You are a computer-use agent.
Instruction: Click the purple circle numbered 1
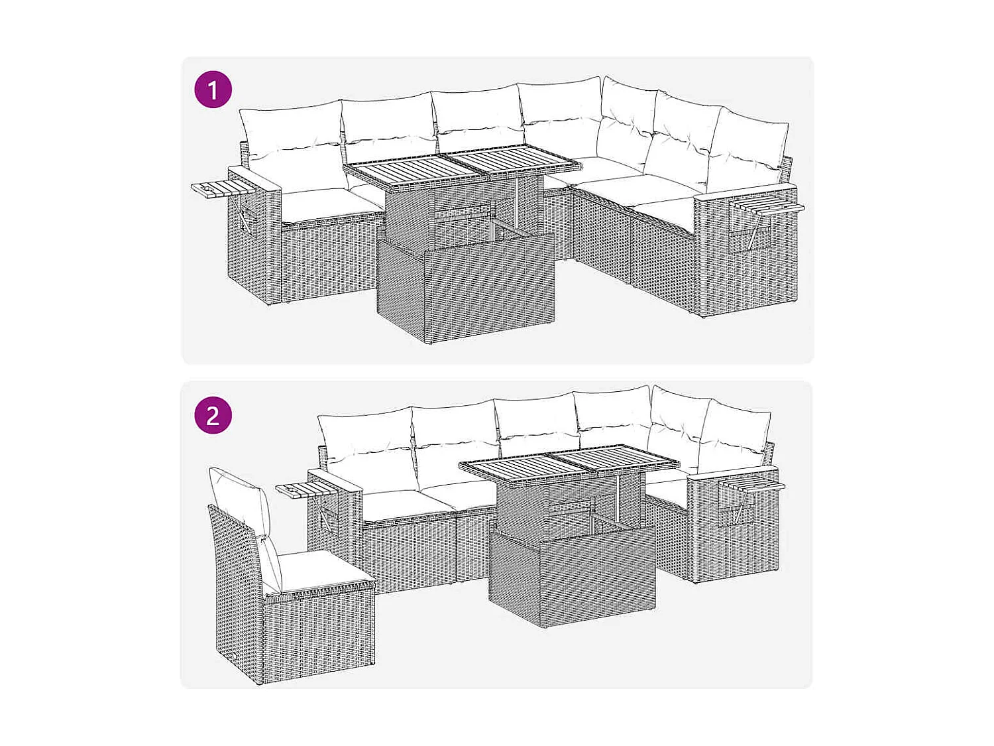pyautogui.click(x=213, y=90)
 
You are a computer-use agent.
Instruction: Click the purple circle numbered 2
pyautogui.click(x=213, y=415)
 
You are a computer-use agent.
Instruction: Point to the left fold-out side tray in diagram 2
pyautogui.click(x=302, y=491)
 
